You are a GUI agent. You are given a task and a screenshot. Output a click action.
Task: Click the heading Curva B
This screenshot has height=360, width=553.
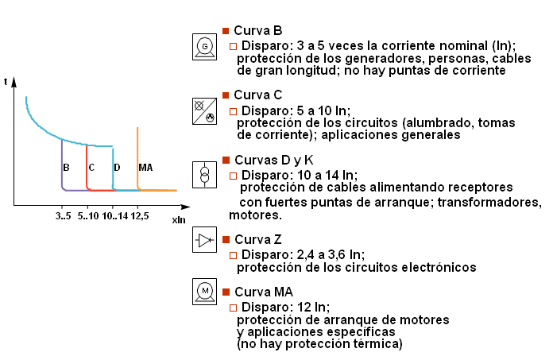coord(257,31)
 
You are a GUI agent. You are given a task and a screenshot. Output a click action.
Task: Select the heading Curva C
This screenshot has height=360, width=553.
coord(257,95)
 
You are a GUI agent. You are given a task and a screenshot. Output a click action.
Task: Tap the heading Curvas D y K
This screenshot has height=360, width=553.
coord(273,161)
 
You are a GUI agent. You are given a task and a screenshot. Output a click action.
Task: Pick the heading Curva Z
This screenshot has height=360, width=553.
coord(257,240)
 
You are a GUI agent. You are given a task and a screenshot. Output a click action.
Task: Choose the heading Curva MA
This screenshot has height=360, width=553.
coord(264,292)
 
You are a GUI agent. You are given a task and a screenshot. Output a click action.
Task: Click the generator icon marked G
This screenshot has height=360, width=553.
coord(204,47)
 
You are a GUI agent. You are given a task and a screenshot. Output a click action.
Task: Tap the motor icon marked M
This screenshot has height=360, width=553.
coord(204,292)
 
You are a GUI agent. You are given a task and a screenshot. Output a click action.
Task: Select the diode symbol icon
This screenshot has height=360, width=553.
coord(204,240)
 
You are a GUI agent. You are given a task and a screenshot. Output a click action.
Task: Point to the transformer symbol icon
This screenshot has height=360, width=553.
coord(204,175)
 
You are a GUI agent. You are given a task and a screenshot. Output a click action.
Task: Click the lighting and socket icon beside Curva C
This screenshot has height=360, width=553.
coord(204,111)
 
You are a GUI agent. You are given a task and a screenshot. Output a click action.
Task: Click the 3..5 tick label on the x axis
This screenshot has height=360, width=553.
coord(63,216)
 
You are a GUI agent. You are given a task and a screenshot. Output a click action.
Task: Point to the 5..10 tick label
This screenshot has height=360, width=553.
coord(88,216)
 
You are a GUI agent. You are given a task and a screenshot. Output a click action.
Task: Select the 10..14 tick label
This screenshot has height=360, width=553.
coord(115,216)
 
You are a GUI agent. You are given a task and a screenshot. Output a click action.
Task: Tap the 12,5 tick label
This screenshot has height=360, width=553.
coord(140,216)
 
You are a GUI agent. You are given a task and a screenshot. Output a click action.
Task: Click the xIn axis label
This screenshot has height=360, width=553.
coord(179,220)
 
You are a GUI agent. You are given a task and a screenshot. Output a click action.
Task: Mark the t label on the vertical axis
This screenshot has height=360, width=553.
coord(6,81)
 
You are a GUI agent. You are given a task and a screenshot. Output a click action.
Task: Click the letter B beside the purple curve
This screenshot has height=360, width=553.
coord(66,168)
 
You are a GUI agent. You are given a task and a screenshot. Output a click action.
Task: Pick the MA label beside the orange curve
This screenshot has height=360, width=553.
coord(145,168)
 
